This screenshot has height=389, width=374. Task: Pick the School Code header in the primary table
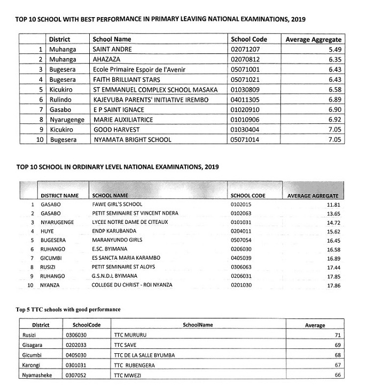248,39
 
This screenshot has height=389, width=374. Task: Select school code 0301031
75,365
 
